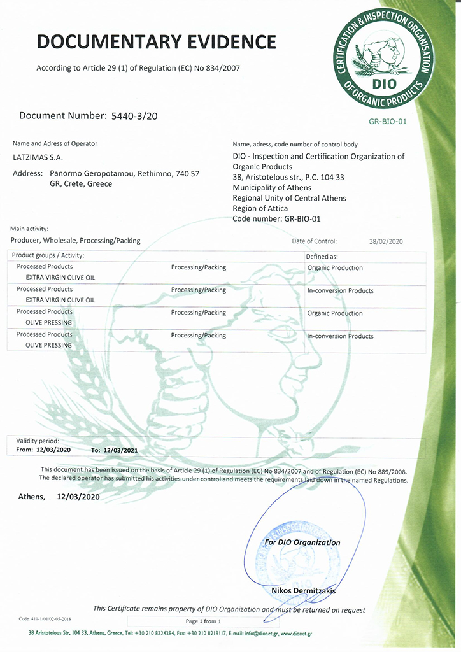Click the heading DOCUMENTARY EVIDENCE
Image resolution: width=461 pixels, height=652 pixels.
(x=157, y=42)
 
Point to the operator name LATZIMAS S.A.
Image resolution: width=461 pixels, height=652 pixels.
(x=38, y=157)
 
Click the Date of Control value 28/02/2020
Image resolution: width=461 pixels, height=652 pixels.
(x=386, y=241)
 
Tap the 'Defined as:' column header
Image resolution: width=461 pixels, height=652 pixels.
(x=322, y=256)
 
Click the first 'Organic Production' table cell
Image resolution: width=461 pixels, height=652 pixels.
(x=335, y=268)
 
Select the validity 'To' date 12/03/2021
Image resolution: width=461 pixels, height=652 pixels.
(x=120, y=450)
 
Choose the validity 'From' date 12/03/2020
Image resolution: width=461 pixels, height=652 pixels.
(x=53, y=450)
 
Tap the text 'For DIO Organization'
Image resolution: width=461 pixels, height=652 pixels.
(x=302, y=542)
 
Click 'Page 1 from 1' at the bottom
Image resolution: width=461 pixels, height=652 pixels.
(x=203, y=621)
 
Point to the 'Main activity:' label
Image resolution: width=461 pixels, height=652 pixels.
(x=29, y=229)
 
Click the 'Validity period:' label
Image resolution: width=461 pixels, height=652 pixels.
(x=38, y=441)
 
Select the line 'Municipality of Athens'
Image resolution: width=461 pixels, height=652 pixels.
(x=272, y=188)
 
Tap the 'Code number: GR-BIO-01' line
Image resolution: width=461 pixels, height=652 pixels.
(x=275, y=218)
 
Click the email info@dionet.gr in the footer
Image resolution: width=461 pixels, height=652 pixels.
(x=258, y=633)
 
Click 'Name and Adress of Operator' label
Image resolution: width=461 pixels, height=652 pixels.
(x=55, y=144)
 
